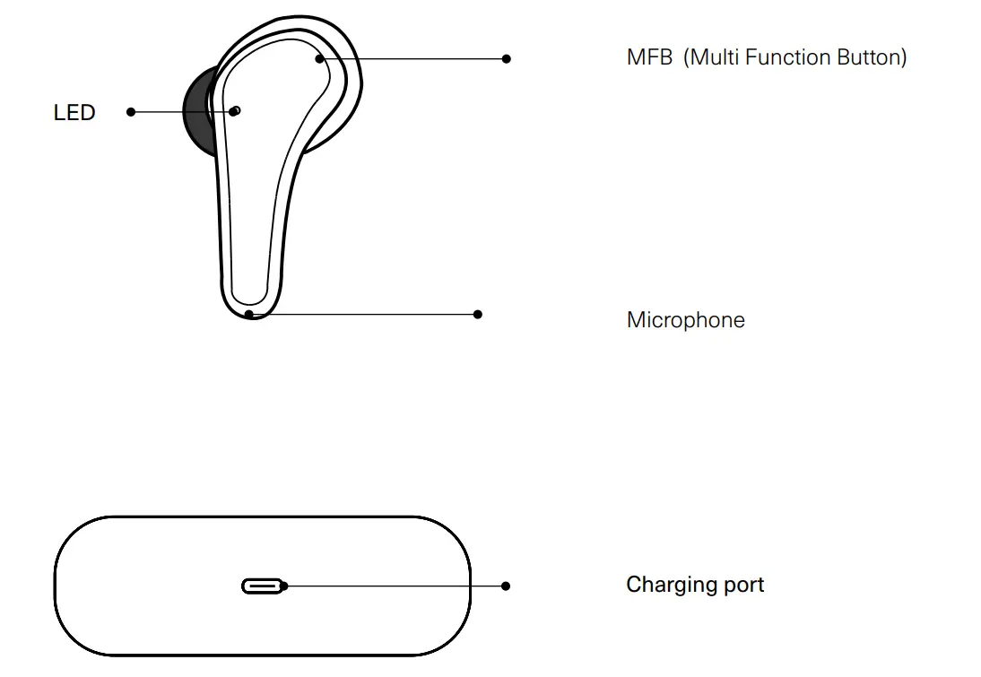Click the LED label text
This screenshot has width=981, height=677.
[74, 113]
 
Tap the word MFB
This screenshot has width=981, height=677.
[649, 57]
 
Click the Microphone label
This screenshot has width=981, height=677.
[685, 320]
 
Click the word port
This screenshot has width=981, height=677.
[743, 586]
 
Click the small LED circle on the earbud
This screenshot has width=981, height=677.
[236, 110]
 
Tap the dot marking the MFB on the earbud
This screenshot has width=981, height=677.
[320, 59]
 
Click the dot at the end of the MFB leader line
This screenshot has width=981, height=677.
[507, 58]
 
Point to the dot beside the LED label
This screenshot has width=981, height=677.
[131, 112]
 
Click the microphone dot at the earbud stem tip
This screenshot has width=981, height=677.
[249, 314]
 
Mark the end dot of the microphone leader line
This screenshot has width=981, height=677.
[478, 314]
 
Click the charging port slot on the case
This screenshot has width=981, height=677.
[262, 586]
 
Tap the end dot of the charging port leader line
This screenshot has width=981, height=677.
[506, 586]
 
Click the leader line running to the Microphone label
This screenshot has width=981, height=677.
[368, 315]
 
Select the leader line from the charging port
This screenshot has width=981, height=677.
[395, 586]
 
